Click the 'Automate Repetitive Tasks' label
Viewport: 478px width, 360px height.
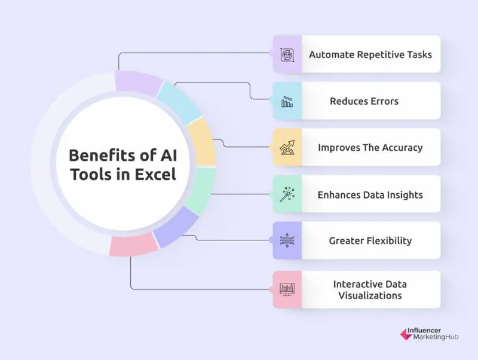pos(370,54)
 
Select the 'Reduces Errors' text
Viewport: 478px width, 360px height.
pos(364,101)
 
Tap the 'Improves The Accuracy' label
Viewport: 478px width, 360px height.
pos(370,148)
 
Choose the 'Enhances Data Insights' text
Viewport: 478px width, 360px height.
pos(370,194)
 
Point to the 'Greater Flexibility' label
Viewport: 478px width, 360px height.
pos(370,241)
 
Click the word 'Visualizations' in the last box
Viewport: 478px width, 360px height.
pos(370,295)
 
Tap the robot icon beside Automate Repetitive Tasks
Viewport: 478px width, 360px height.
pos(287,55)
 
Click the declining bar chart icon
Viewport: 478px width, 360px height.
pos(287,102)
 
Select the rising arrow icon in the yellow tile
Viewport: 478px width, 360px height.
pos(287,147)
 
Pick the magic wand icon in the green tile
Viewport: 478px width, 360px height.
pos(287,194)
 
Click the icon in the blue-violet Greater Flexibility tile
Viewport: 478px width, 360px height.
pos(287,240)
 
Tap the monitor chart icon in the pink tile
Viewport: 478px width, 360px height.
pos(287,289)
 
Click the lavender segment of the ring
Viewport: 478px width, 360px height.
pos(138,82)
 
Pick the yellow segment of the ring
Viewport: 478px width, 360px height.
pos(202,142)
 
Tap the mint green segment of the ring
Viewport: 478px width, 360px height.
pos(201,191)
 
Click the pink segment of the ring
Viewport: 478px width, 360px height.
pos(133,245)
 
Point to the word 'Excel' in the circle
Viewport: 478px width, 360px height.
pos(155,175)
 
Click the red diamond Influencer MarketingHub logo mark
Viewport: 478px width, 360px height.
pos(406,334)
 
